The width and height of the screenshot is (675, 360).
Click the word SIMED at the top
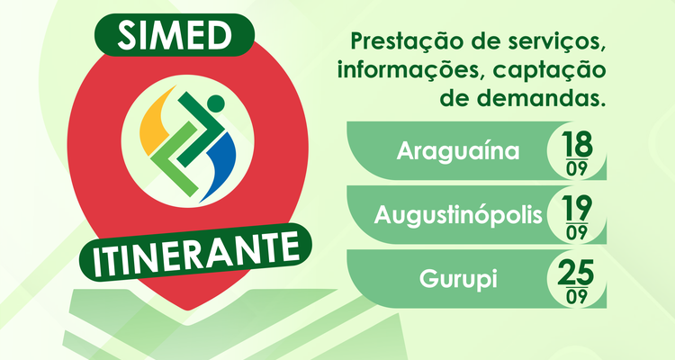(x=175, y=35)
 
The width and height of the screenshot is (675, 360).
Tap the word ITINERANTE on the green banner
(x=196, y=252)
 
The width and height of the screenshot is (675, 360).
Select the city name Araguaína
(x=458, y=150)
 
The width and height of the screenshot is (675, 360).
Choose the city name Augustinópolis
(x=458, y=214)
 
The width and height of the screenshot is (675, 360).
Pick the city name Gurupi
(x=458, y=279)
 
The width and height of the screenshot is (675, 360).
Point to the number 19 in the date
(x=577, y=208)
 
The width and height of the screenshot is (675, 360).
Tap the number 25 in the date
(x=576, y=272)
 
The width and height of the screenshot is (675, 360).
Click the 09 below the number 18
(x=577, y=169)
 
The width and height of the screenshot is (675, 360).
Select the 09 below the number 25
(x=577, y=297)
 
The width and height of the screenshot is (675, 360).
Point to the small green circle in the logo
(x=216, y=103)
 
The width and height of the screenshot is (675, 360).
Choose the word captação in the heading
(x=549, y=70)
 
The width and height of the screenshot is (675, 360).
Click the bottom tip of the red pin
(x=187, y=310)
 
